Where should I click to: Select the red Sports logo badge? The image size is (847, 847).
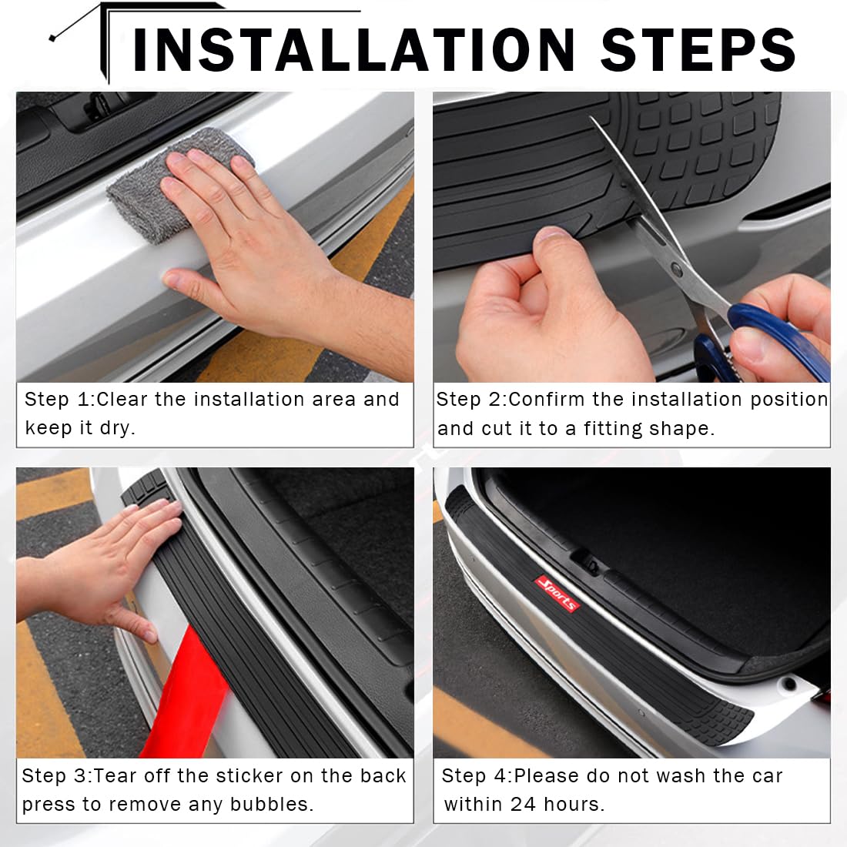(x=557, y=593)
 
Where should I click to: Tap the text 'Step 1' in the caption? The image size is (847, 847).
(x=59, y=400)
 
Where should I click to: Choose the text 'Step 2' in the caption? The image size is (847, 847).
(x=470, y=400)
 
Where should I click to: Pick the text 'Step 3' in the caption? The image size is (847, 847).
(x=55, y=776)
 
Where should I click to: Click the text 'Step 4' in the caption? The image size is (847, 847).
(x=476, y=776)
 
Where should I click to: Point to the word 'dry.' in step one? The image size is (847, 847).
(x=117, y=428)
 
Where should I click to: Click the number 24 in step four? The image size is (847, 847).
(x=524, y=805)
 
